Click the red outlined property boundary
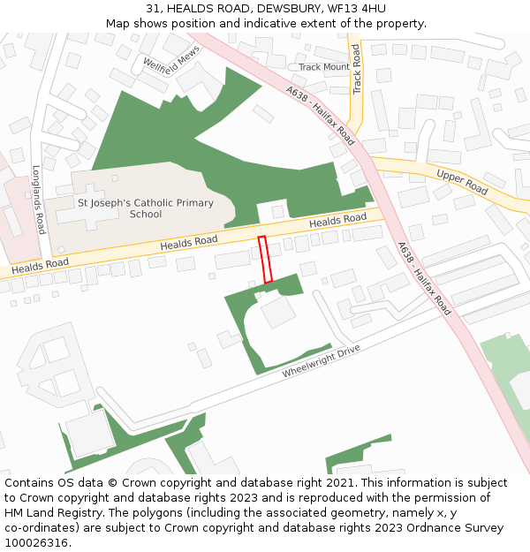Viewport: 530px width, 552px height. coord(264,260)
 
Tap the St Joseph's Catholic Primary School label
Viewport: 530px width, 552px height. coord(146,208)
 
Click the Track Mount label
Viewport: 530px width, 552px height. coord(324,67)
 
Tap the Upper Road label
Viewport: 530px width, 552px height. coord(462,183)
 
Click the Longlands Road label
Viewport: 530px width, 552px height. coord(38,200)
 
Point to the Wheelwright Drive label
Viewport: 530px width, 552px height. coord(322,361)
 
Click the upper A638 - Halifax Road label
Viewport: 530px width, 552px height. coord(321,115)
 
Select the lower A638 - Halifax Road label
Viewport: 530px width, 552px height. coord(424,278)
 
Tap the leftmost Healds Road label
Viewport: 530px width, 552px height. coord(41,265)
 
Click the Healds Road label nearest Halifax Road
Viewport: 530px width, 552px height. coord(337,220)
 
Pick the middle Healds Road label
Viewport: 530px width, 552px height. coord(188,242)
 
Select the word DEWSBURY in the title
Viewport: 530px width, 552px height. coord(289,8)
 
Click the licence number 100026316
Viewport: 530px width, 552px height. coord(38,543)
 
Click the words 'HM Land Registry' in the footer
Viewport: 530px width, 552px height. coord(52,513)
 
